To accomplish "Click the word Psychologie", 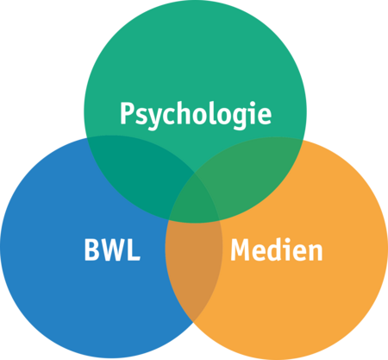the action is coord(196,115).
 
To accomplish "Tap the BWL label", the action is coord(112,249).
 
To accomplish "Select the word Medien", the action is coord(277,249).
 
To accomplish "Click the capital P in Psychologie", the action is coord(127,113).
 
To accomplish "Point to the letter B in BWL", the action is coord(91,249).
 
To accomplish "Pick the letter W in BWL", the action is coord(113,249).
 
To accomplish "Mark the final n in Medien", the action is coord(316,252).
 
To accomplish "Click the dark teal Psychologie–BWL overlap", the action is coord(138,170).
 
